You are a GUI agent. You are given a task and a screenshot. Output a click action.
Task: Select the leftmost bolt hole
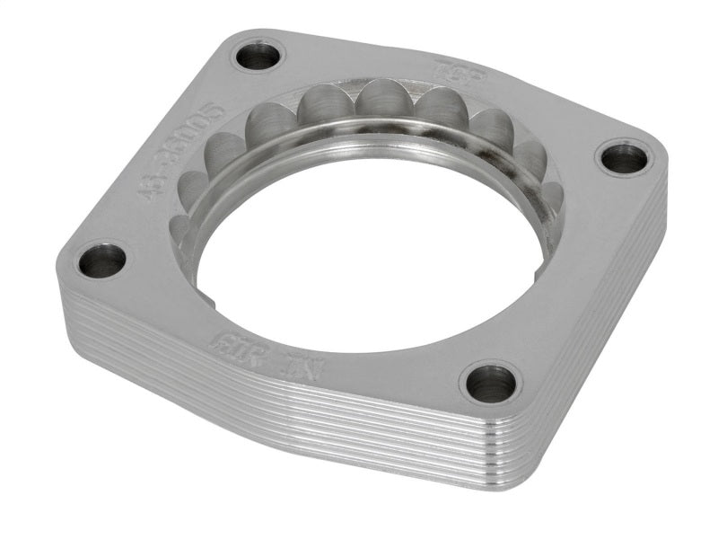[x=102, y=261]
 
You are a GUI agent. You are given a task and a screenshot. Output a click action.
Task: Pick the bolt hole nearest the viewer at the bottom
[x=492, y=384]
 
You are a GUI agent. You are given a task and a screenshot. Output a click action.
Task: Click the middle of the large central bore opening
[x=368, y=261]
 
